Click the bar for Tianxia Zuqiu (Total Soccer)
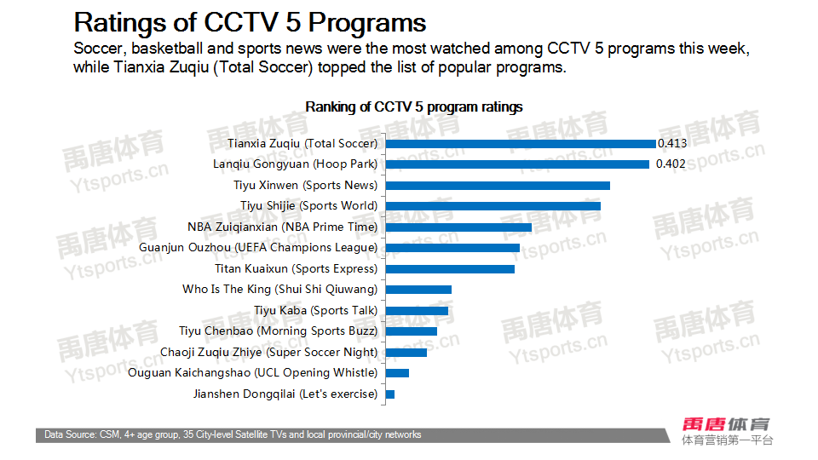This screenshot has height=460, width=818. point(521,143)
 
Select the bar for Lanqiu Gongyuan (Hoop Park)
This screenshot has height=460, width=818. point(517,164)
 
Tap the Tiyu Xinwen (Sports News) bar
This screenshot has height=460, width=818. point(498,185)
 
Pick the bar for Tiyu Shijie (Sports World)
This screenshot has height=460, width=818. point(493,206)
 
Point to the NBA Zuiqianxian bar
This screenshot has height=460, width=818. point(458,227)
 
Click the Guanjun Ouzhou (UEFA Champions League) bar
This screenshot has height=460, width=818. point(452,248)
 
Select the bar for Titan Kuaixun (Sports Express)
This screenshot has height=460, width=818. point(450,268)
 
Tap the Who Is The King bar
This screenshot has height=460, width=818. point(418,290)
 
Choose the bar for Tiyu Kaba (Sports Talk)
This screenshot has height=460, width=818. point(417,310)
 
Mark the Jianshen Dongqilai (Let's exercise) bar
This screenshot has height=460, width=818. point(390,394)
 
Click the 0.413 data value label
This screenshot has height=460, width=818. point(671,143)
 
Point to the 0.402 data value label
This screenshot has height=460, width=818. point(671,164)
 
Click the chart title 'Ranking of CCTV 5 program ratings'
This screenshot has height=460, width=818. point(414,107)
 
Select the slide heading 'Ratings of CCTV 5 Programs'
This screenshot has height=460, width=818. point(251,21)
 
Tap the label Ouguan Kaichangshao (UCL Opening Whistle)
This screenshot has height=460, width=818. point(252,373)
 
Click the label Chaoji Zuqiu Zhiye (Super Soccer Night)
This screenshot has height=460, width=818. point(268,352)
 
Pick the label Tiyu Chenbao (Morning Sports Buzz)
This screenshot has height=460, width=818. point(278,331)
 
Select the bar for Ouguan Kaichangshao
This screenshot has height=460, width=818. point(397,373)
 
